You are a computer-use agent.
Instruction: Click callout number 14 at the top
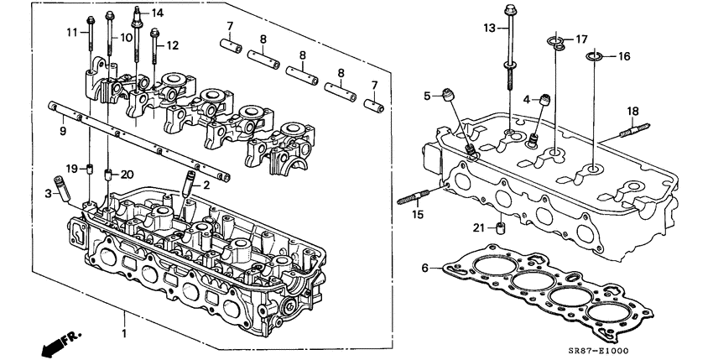(158, 13)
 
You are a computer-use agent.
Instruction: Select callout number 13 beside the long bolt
(490, 29)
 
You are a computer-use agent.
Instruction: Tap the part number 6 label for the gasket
(424, 268)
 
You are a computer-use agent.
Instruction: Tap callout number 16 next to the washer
(624, 56)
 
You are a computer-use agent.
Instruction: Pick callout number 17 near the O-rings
(580, 39)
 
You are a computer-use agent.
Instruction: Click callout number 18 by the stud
(634, 110)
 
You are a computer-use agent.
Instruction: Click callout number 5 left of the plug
(426, 96)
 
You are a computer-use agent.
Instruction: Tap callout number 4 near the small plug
(527, 100)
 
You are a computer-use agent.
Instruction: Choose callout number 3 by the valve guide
(49, 195)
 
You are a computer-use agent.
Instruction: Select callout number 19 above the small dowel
(72, 168)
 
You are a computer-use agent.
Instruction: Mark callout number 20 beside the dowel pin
(128, 174)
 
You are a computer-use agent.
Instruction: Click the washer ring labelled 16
(593, 57)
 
